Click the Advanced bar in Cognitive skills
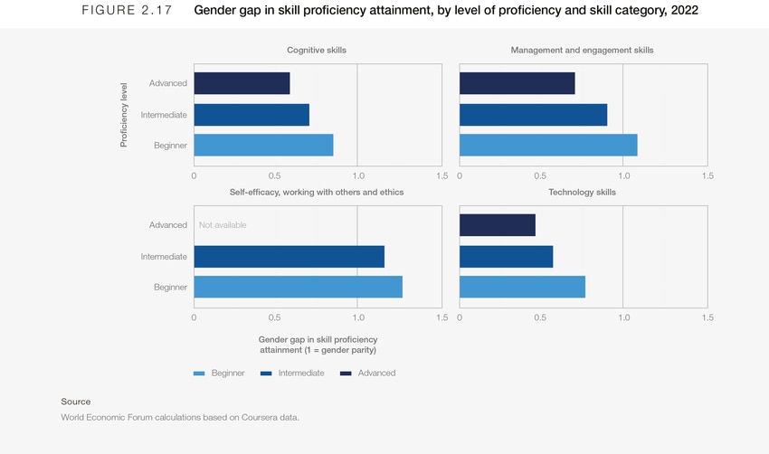pyautogui.click(x=242, y=83)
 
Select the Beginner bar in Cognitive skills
pyautogui.click(x=263, y=145)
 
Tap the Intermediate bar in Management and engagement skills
pyautogui.click(x=533, y=115)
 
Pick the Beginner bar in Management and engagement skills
pyautogui.click(x=548, y=145)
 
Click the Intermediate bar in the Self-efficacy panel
pyautogui.click(x=289, y=257)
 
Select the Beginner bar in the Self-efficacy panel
pyautogui.click(x=298, y=287)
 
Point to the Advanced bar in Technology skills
pyautogui.click(x=497, y=225)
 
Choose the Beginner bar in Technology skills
pyautogui.click(x=522, y=287)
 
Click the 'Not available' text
pyautogui.click(x=223, y=225)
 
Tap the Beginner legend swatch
pyautogui.click(x=200, y=373)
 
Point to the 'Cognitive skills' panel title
pyautogui.click(x=317, y=51)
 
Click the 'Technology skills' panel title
pyautogui.click(x=583, y=193)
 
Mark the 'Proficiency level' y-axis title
pyautogui.click(x=124, y=114)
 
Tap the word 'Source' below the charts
pyautogui.click(x=76, y=402)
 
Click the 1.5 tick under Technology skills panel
pyautogui.click(x=707, y=318)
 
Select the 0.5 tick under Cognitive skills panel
pyautogui.click(x=276, y=176)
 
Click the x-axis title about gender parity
pyautogui.click(x=317, y=345)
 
